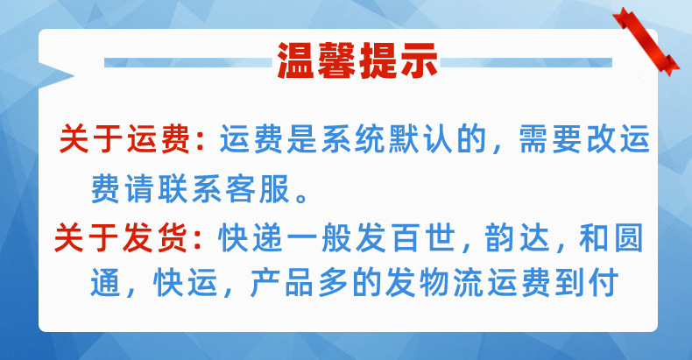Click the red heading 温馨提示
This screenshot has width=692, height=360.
(x=357, y=60)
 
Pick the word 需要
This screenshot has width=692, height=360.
(x=541, y=140)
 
